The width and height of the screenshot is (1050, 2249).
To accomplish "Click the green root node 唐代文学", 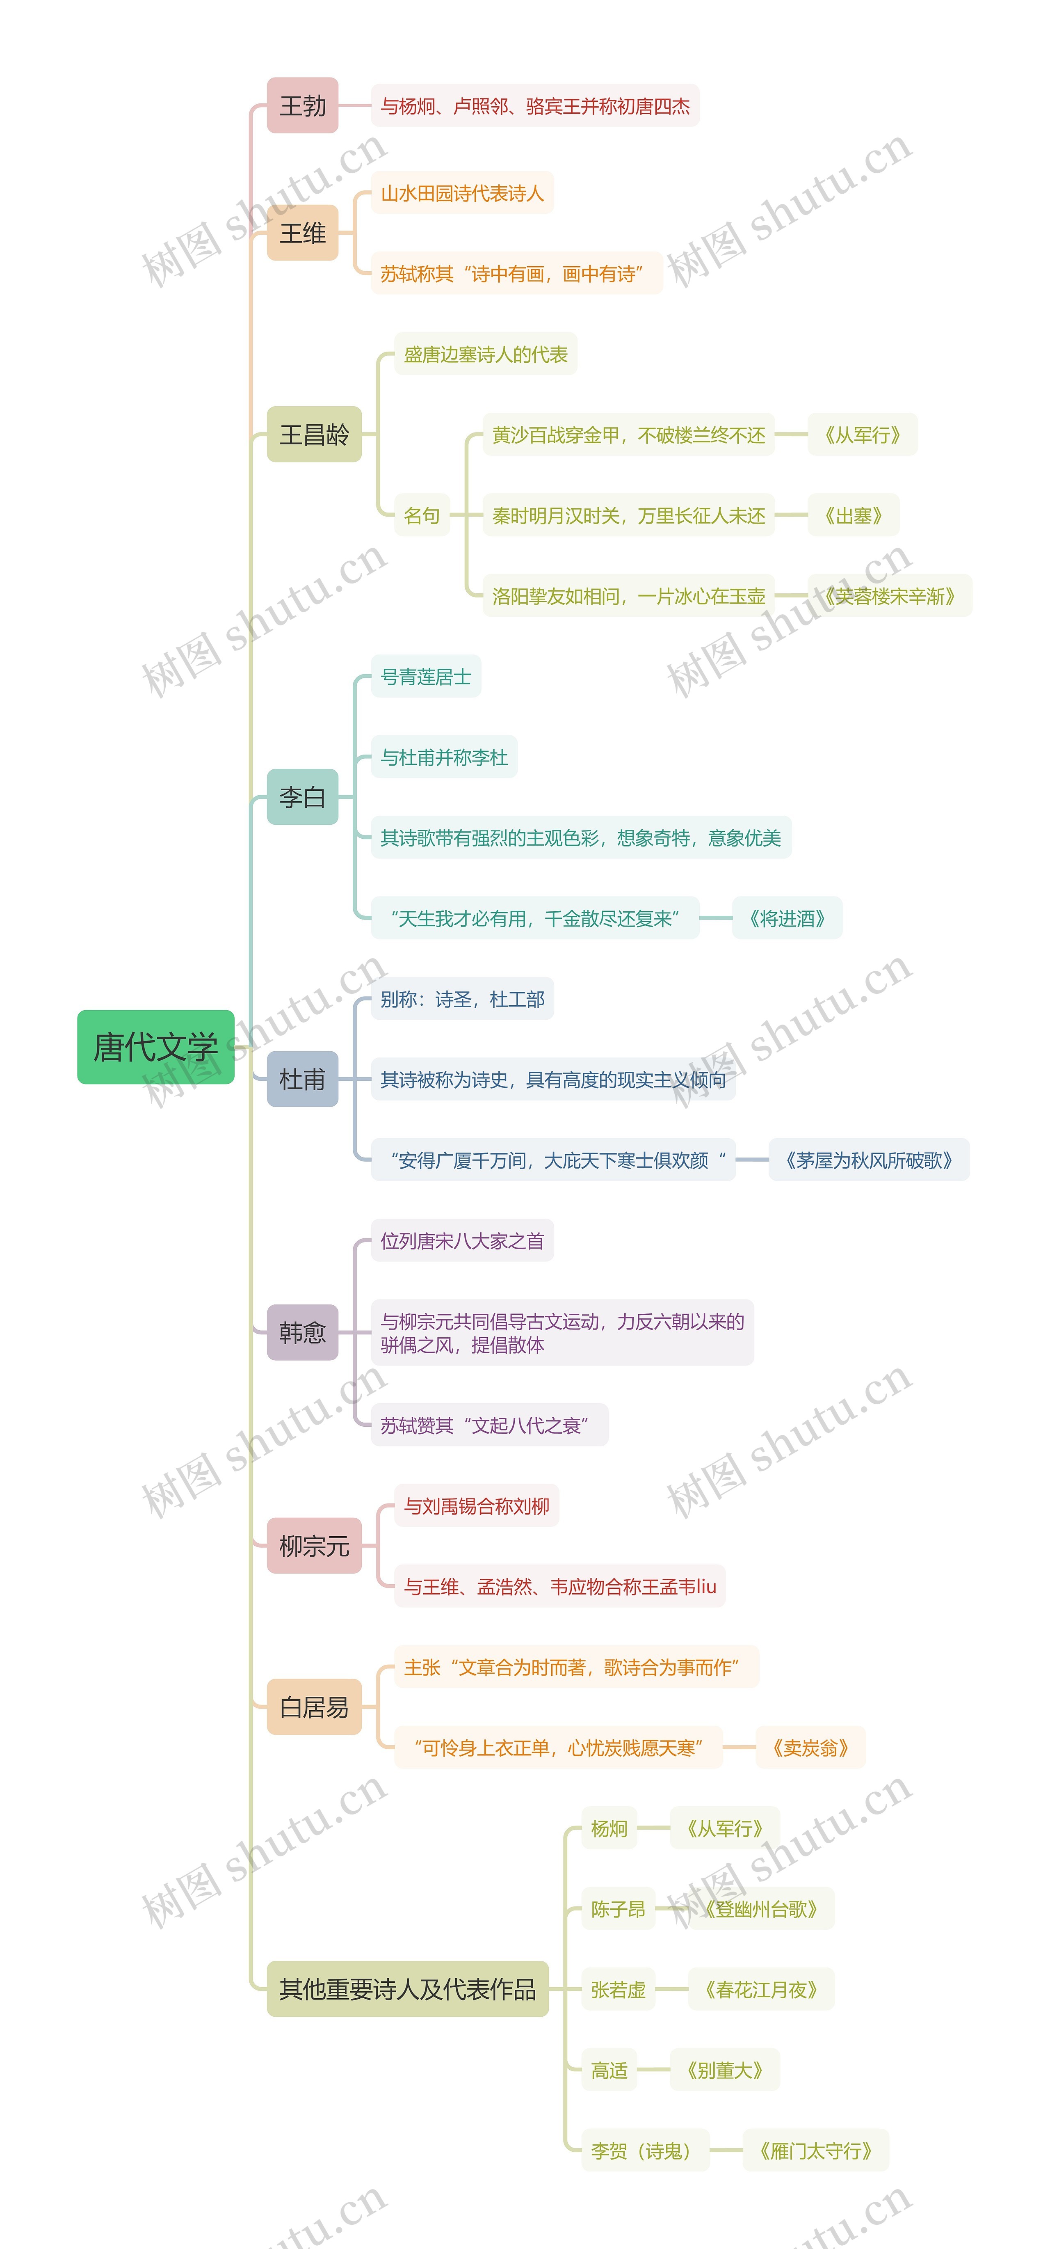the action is coord(155,1047).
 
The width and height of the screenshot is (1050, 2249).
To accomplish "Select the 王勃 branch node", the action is coord(302,105).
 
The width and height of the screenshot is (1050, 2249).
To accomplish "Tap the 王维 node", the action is coord(302,233).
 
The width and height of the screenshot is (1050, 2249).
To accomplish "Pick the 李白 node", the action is coord(302,797).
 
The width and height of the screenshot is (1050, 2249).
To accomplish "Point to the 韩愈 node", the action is coord(302,1332).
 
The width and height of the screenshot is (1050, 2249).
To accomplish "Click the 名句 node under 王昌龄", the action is coord(422,515).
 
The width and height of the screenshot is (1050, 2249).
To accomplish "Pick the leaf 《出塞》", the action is coord(853,515).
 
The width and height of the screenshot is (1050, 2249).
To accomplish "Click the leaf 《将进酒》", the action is coord(786,918).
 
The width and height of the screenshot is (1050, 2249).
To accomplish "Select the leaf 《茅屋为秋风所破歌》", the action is coord(868,1160).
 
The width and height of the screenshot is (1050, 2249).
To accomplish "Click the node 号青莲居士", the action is coord(426,677).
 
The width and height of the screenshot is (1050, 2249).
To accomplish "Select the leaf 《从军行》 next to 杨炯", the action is coord(724,1828).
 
